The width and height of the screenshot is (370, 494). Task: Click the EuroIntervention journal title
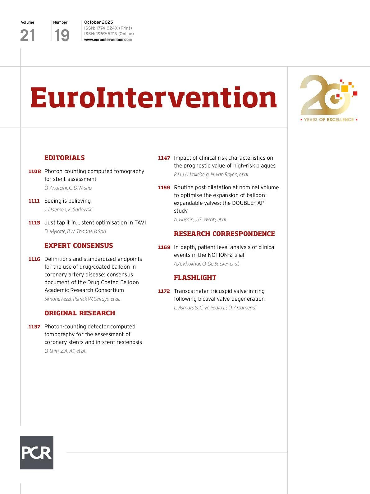click(x=153, y=97)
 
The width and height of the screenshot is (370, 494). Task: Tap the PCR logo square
click(x=37, y=452)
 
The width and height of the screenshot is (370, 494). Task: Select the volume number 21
click(x=27, y=35)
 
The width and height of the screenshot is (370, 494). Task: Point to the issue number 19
click(x=62, y=35)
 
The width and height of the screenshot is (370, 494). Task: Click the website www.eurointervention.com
click(x=108, y=40)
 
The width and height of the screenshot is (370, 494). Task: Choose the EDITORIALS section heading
click(x=65, y=158)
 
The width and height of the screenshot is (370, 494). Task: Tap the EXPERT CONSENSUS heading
click(x=79, y=246)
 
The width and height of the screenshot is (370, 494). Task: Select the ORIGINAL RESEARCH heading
click(x=80, y=313)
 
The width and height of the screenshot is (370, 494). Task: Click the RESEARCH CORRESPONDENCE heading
click(x=224, y=234)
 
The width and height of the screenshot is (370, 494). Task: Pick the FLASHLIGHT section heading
click(x=195, y=278)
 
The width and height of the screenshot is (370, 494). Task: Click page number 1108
click(x=34, y=172)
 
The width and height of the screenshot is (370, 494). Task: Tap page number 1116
click(x=34, y=259)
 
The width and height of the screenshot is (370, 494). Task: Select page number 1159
click(x=164, y=188)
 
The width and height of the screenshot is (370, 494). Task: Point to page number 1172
click(x=164, y=291)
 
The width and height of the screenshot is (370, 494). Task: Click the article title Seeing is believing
click(x=67, y=201)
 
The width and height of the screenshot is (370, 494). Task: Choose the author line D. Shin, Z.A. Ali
click(x=65, y=351)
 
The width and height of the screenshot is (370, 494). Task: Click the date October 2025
click(x=98, y=22)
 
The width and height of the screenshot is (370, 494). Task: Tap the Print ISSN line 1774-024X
click(x=108, y=28)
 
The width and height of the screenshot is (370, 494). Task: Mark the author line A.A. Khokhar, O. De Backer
click(x=206, y=264)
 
